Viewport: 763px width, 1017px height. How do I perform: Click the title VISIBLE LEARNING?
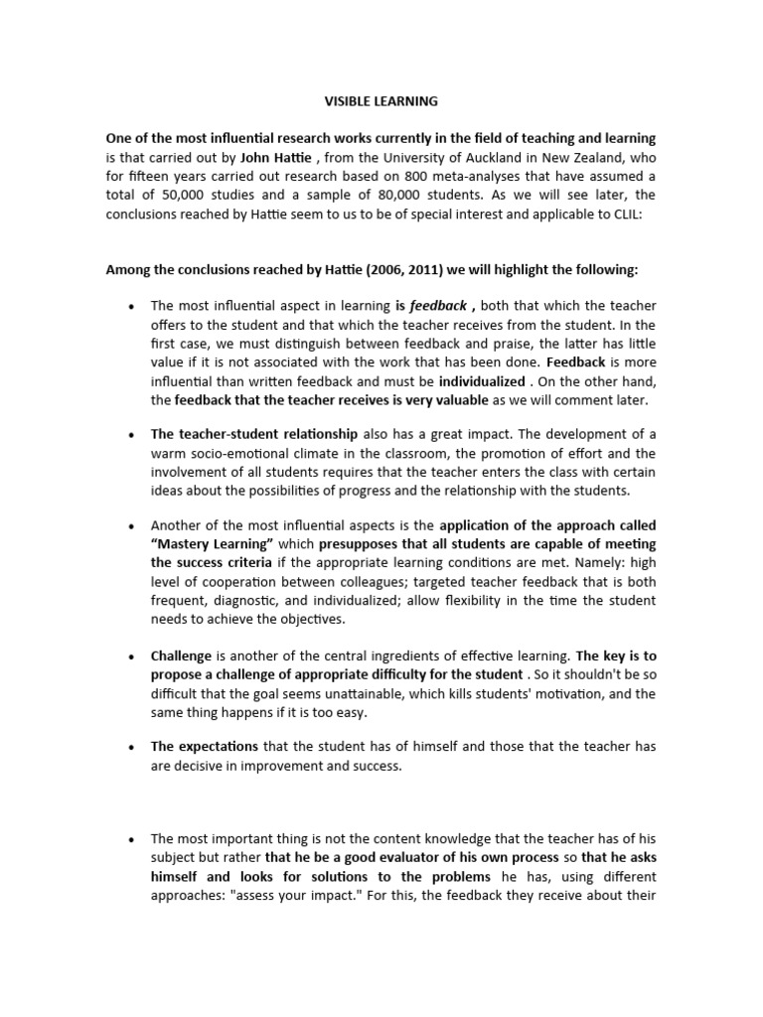381,101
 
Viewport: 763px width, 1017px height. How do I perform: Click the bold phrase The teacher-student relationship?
254,435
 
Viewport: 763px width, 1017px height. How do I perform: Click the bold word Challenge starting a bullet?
182,656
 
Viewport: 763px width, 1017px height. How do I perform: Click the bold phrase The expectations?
204,746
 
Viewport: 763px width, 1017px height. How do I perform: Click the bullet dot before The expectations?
131,746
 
